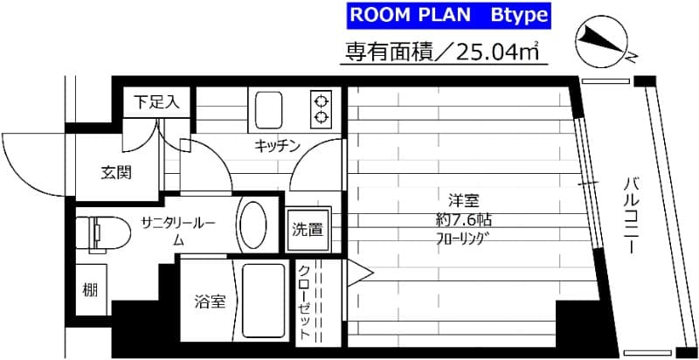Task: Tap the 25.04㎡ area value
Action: [x=499, y=52]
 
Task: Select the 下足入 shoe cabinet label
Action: [x=156, y=102]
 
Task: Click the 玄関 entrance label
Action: [x=116, y=172]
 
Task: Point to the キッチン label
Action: [x=278, y=146]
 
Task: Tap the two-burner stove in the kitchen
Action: [x=322, y=107]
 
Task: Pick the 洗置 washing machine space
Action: [x=307, y=231]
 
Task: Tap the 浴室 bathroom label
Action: [x=210, y=302]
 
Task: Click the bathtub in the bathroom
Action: [x=260, y=301]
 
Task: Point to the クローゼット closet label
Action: [x=305, y=301]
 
